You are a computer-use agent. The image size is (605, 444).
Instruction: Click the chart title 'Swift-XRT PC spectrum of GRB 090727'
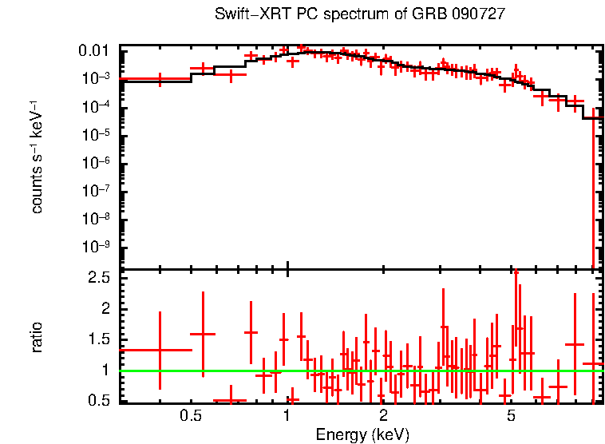tap(360, 15)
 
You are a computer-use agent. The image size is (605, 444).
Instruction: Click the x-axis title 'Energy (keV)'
tap(362, 434)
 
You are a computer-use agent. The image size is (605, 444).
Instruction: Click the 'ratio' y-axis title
tap(37, 337)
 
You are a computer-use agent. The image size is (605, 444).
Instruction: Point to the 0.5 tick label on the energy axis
tap(190, 416)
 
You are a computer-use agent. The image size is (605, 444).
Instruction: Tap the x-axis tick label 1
tap(287, 416)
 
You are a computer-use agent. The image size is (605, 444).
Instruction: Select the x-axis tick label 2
tap(383, 416)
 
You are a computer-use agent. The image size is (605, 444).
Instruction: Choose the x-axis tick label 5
tap(511, 416)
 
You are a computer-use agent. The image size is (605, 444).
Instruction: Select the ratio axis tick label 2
tap(105, 308)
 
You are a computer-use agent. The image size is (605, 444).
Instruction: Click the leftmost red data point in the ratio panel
tap(160, 350)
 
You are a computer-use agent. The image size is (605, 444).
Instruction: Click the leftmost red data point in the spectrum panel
tap(160, 79)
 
